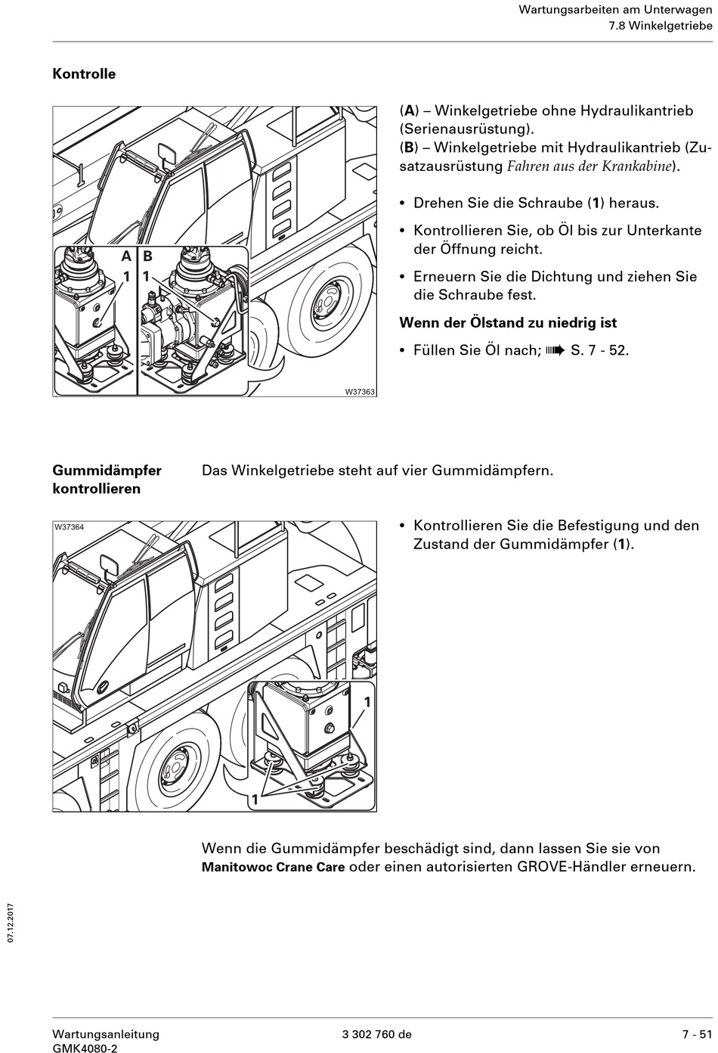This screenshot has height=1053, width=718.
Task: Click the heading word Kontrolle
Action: point(84,74)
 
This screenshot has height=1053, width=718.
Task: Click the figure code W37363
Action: point(360,391)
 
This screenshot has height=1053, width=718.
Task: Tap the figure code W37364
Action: point(69,527)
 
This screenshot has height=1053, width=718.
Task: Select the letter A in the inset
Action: point(126,256)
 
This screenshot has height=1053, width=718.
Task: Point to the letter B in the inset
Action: point(147,256)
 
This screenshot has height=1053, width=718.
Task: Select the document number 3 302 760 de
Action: point(376,1034)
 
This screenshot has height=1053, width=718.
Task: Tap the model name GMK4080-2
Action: point(85,1048)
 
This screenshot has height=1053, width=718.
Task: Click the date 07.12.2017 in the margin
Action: point(11,921)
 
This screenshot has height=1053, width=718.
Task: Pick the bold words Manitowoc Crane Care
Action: point(273,867)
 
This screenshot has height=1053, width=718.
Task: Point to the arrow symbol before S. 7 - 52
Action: point(555,350)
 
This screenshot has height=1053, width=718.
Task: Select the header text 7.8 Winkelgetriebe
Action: point(661,26)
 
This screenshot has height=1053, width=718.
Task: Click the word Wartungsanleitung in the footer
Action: point(106,1034)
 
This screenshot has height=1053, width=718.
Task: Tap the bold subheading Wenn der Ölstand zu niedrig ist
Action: point(508,323)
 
